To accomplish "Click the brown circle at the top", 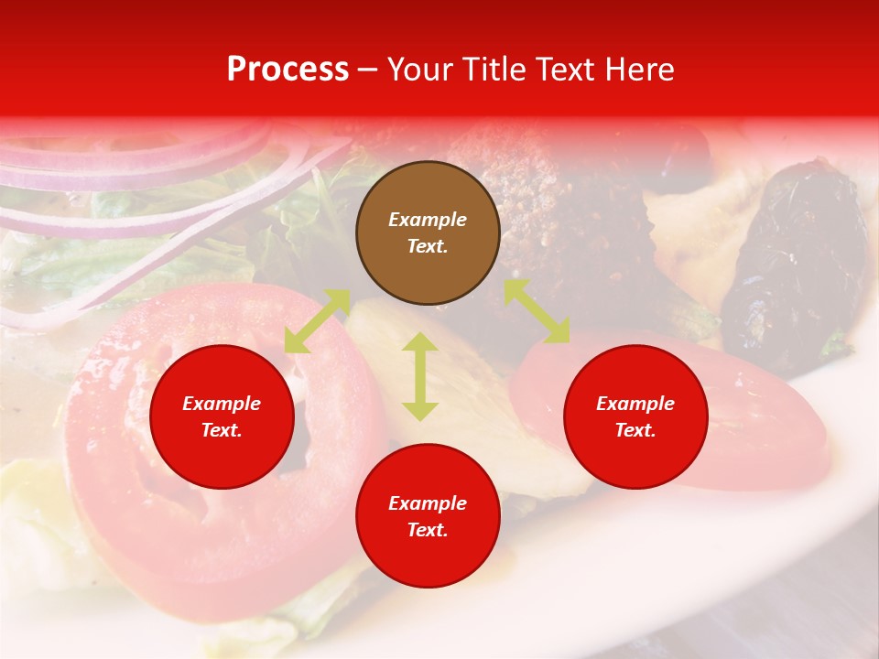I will [x=428, y=233].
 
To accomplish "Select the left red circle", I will [x=222, y=416].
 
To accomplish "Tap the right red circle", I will [x=635, y=416].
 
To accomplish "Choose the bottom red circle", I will [x=428, y=516].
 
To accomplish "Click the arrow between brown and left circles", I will [x=317, y=321].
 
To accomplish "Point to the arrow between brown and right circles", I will [x=537, y=311].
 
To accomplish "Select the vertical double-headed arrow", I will [x=420, y=376].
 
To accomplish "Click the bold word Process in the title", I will [x=288, y=70].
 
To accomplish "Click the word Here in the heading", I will [x=640, y=70].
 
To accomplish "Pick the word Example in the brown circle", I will [x=428, y=220].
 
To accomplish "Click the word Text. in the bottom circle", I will [x=428, y=530].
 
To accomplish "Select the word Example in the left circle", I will [x=222, y=404].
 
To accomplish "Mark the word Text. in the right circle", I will [x=635, y=430].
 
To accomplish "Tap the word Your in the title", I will [x=420, y=70].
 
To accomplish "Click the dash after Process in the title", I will [x=368, y=70].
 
